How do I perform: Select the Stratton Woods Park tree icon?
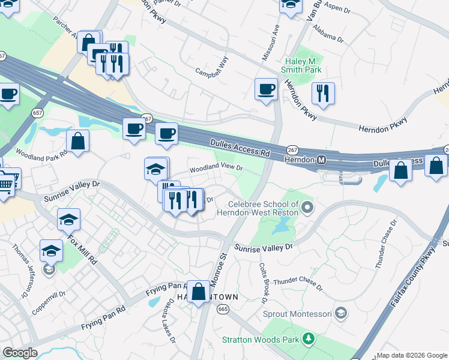tap(309, 340)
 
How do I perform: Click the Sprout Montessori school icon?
tap(341, 313)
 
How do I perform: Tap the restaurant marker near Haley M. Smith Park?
tap(323, 94)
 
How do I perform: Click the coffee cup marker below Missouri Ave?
tap(266, 89)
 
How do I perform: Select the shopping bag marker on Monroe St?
tap(198, 291)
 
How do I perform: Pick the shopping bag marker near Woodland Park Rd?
tap(78, 142)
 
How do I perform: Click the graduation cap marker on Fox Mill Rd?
tap(68, 220)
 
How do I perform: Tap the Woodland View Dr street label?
tap(216, 170)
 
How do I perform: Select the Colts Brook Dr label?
tap(262, 282)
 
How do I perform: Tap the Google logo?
tap(20, 353)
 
